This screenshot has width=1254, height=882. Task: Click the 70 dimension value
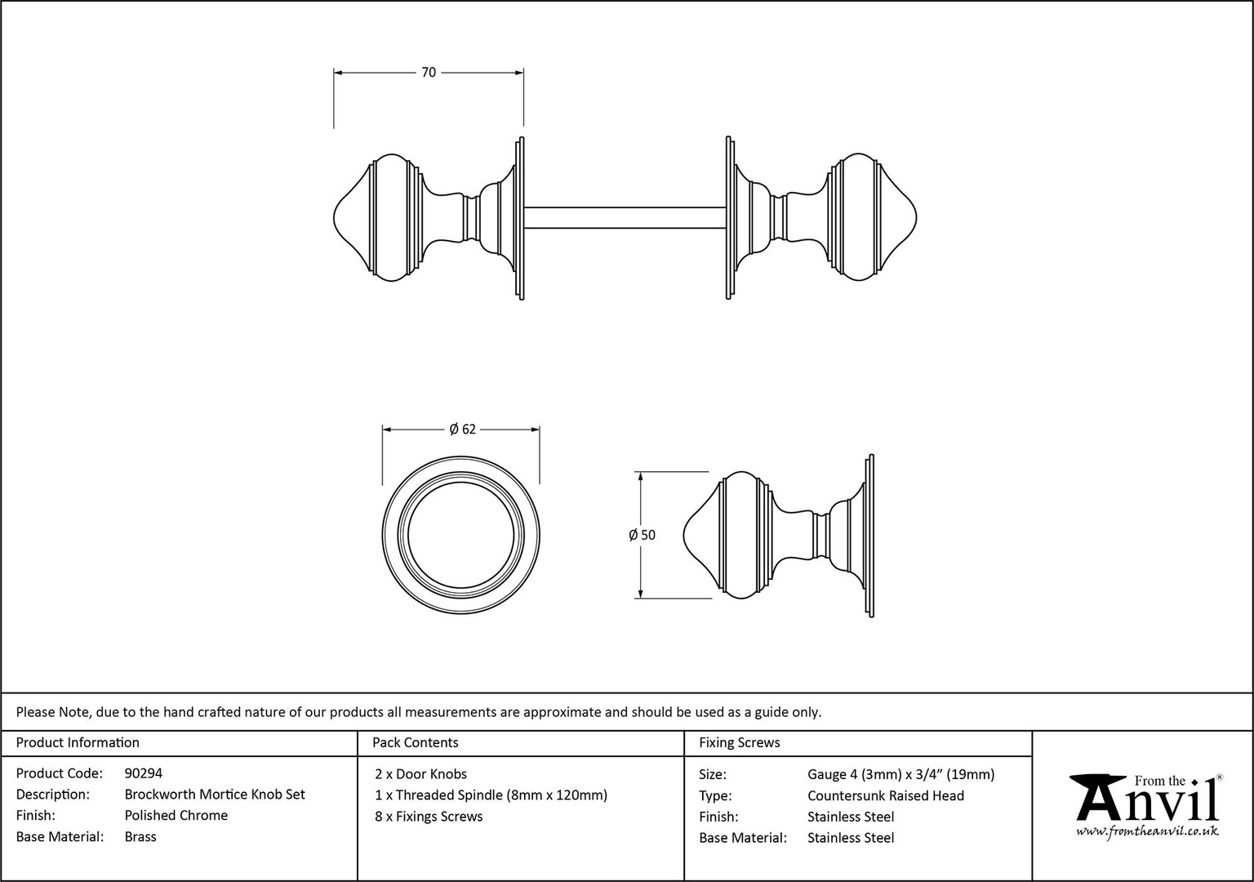pyautogui.click(x=429, y=72)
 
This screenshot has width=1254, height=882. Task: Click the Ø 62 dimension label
pyautogui.click(x=462, y=429)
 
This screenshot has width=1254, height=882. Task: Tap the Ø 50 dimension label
pyautogui.click(x=642, y=535)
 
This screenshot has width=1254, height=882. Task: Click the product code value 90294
pyautogui.click(x=144, y=773)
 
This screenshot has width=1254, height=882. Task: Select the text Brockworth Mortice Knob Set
pyautogui.click(x=215, y=794)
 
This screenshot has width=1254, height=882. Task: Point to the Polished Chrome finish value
pyautogui.click(x=176, y=815)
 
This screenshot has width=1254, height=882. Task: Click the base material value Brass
pyautogui.click(x=140, y=836)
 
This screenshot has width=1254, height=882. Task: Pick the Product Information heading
pyautogui.click(x=78, y=742)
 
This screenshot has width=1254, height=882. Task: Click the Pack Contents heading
pyautogui.click(x=416, y=742)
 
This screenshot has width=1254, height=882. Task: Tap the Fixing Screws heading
pyautogui.click(x=740, y=742)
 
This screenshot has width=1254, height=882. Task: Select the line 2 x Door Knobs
pyautogui.click(x=421, y=774)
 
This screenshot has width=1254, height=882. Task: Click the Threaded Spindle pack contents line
pyautogui.click(x=491, y=795)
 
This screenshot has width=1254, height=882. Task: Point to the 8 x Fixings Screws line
pyautogui.click(x=429, y=817)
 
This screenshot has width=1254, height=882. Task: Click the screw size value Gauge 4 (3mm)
pyautogui.click(x=854, y=774)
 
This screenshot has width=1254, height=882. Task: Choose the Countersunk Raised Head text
pyautogui.click(x=886, y=795)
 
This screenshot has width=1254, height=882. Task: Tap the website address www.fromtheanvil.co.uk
pyautogui.click(x=1147, y=831)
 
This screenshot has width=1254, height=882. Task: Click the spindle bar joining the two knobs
pyautogui.click(x=625, y=217)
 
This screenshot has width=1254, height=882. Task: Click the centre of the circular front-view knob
pyautogui.click(x=460, y=536)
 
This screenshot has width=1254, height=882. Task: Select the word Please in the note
pyautogui.click(x=35, y=712)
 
